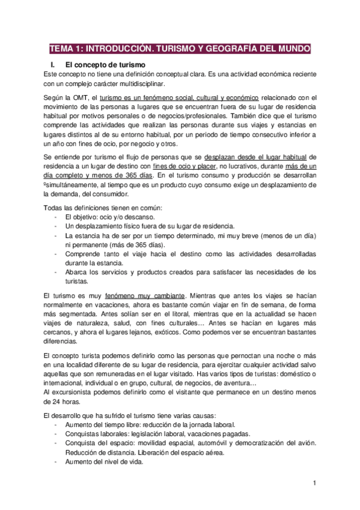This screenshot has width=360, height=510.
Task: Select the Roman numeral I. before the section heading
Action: point(52,64)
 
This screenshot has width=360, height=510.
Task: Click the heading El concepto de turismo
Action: point(105,64)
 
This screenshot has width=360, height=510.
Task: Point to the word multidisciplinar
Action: point(138,84)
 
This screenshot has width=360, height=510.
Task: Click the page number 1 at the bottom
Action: point(314,484)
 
